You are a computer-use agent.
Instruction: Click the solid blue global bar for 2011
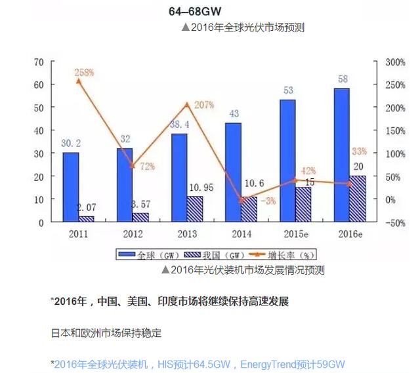[71, 187]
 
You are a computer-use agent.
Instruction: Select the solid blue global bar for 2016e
[341, 155]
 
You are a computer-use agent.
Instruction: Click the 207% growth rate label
[204, 105]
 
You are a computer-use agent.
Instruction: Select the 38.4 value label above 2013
[180, 124]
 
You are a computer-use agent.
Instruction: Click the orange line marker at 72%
[133, 166]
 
